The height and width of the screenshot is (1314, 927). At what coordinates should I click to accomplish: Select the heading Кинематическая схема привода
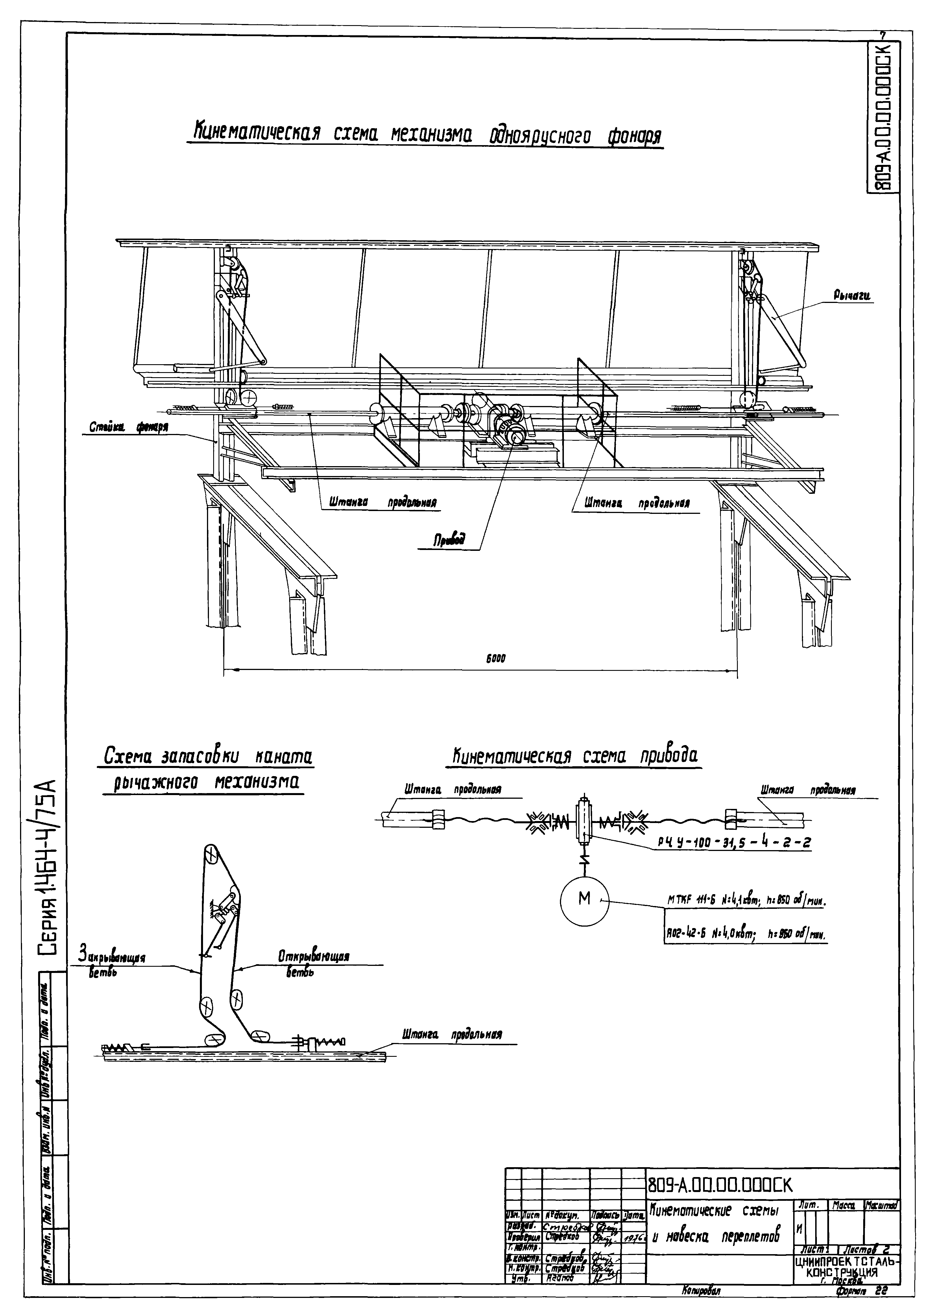tap(572, 756)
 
